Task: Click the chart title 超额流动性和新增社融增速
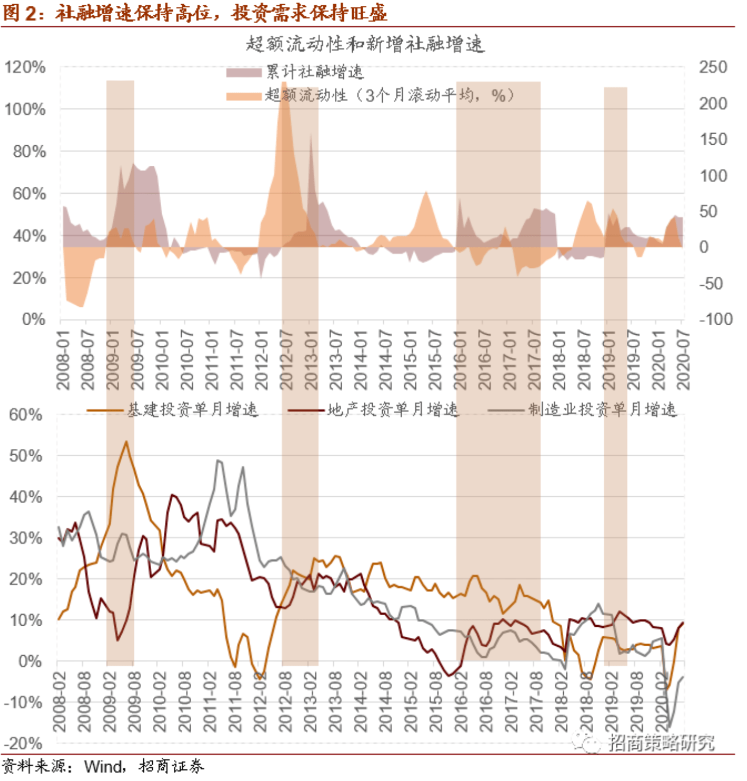[x=365, y=45]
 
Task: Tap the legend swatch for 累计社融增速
[x=244, y=72]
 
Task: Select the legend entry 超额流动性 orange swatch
[x=244, y=96]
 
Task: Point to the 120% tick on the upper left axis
[x=25, y=67]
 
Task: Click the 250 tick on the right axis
[x=713, y=67]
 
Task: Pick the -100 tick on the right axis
[x=716, y=319]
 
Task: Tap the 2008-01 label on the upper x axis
[x=63, y=360]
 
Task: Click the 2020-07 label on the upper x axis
[x=683, y=360]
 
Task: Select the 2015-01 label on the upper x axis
[x=410, y=360]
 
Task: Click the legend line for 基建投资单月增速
[x=106, y=410]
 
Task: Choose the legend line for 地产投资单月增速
[x=306, y=410]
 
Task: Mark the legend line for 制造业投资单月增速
[x=507, y=410]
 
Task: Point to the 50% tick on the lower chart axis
[x=26, y=455]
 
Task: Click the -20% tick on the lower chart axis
[x=24, y=743]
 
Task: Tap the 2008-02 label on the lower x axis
[x=59, y=702]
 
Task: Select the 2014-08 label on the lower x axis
[x=386, y=702]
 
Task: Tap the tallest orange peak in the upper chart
[x=284, y=84]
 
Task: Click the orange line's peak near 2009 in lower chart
[x=126, y=442]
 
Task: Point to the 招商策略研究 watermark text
[x=661, y=742]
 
